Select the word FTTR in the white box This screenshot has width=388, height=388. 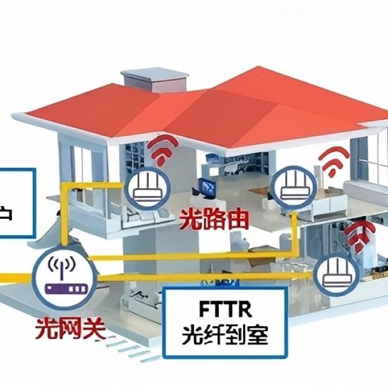click(x=225, y=309)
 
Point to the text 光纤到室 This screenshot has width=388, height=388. click(x=225, y=335)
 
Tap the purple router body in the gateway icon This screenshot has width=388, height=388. click(x=61, y=287)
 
